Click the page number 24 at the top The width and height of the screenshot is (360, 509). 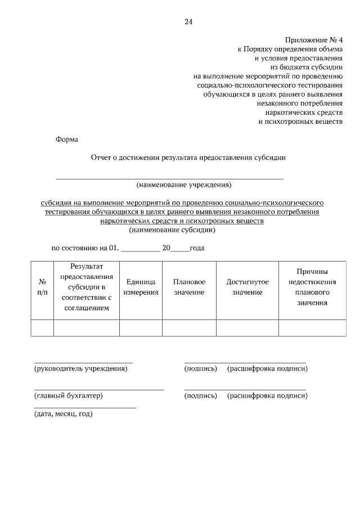(x=188, y=22)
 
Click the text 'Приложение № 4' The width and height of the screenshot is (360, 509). (x=314, y=40)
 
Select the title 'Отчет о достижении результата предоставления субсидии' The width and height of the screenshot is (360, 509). (x=188, y=158)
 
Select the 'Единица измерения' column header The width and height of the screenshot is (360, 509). (x=141, y=287)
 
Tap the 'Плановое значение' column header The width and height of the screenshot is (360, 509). (x=189, y=287)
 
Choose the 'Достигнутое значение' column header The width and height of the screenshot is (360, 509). (x=247, y=287)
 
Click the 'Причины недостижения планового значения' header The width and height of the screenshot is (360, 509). (x=312, y=287)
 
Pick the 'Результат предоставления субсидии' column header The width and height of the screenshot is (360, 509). (x=87, y=287)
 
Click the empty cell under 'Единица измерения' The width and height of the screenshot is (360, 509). (x=141, y=328)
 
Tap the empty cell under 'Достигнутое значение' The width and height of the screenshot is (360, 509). (x=247, y=328)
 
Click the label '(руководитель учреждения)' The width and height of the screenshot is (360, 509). (x=80, y=369)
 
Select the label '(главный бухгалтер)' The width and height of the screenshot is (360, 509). (x=69, y=396)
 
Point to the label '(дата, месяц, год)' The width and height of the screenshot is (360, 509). (x=63, y=414)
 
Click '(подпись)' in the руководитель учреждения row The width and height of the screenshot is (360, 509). (x=200, y=369)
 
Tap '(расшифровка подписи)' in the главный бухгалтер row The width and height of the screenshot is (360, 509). (x=267, y=396)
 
